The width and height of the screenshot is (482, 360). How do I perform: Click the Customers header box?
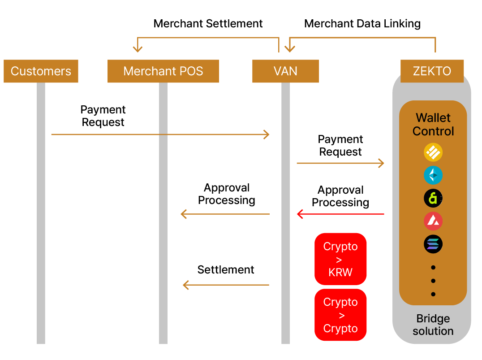41,71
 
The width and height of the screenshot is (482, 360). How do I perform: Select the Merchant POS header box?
163,71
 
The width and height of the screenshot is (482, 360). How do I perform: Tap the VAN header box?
285,71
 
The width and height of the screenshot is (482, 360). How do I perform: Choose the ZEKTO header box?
432,71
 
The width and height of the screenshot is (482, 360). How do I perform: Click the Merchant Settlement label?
208,24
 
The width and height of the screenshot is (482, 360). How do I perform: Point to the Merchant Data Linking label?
362,24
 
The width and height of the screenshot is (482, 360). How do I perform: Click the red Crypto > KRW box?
340,259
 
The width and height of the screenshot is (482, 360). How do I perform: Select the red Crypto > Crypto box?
340,315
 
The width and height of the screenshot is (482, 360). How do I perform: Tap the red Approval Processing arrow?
340,214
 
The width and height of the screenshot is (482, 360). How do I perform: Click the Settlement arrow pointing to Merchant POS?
226,285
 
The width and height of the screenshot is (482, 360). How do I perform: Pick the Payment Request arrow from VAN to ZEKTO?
340,163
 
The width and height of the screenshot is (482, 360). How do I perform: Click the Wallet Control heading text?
433,124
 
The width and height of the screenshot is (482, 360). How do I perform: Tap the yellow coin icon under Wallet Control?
433,152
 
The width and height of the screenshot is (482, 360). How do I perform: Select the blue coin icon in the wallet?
433,175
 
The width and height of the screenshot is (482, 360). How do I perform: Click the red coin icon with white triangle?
433,221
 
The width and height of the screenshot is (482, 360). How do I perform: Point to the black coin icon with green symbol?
433,198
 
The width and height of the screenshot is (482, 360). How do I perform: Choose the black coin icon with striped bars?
433,244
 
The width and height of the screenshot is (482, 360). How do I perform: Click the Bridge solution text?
433,325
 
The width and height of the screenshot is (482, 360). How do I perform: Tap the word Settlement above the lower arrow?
226,270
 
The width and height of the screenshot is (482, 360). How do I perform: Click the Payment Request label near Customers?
103,116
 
